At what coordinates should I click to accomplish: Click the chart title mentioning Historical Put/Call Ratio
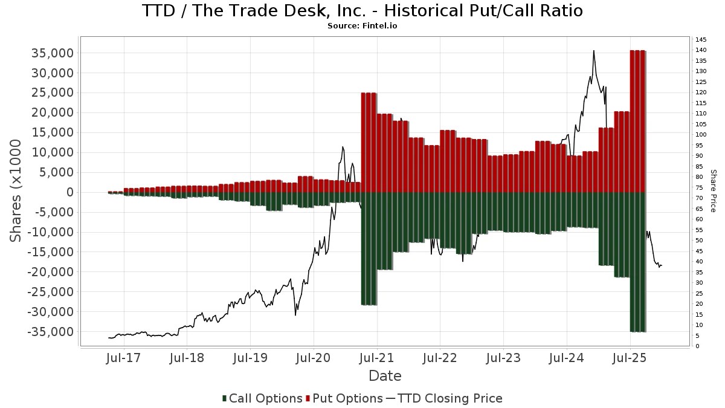point(362,11)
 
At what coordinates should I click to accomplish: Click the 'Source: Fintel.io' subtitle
point(362,26)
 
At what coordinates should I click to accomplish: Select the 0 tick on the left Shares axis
point(69,192)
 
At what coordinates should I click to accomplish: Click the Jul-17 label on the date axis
point(123,358)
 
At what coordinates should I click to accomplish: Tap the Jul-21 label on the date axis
point(376,358)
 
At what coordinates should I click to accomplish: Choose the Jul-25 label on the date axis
point(630,358)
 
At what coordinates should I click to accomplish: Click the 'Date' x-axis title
point(385,376)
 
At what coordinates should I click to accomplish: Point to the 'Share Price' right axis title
point(713,190)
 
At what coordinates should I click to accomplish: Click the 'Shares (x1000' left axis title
point(16,190)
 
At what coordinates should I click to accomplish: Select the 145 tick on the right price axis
point(701,40)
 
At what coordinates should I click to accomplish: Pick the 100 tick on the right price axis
point(701,135)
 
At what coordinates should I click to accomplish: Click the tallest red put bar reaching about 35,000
point(638,121)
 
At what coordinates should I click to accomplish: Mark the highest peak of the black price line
point(594,51)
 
